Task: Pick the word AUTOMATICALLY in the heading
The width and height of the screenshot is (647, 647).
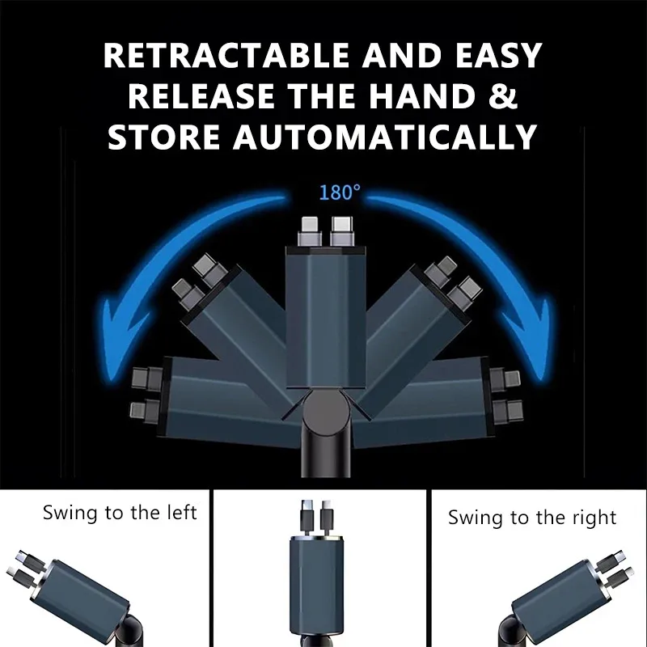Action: pos(385,137)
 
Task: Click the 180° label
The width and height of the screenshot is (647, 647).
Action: pos(340,192)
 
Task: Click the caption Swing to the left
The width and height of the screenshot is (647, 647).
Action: pos(120,512)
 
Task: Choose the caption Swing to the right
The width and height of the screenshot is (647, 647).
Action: pos(532,517)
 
